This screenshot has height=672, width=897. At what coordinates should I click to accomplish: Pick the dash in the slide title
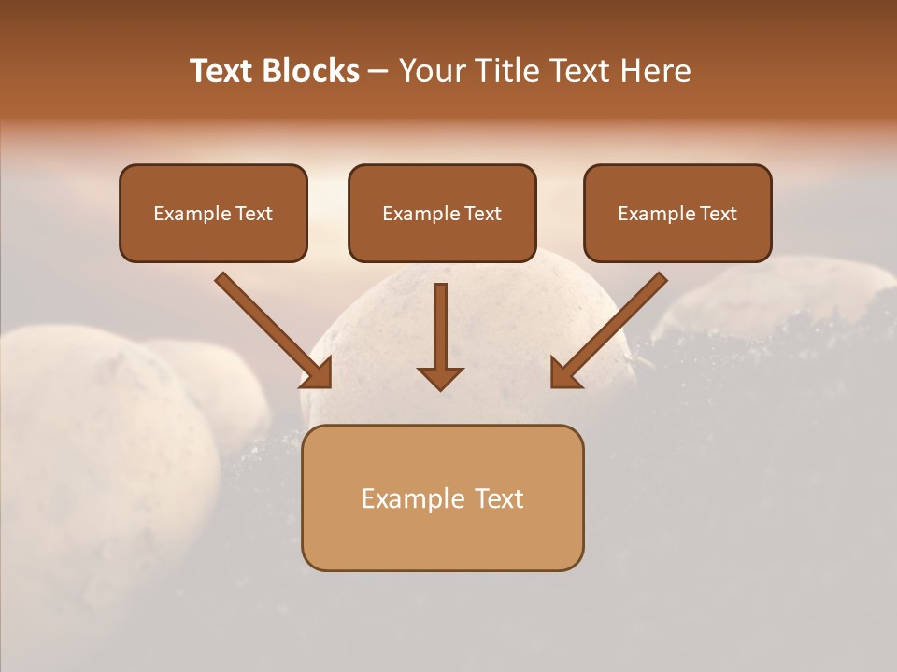coord(378,72)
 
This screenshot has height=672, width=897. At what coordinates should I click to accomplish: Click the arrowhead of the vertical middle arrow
coord(440,377)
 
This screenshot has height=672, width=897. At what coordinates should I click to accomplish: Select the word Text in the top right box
coord(718,214)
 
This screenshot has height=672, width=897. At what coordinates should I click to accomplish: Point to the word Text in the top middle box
coord(482,214)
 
